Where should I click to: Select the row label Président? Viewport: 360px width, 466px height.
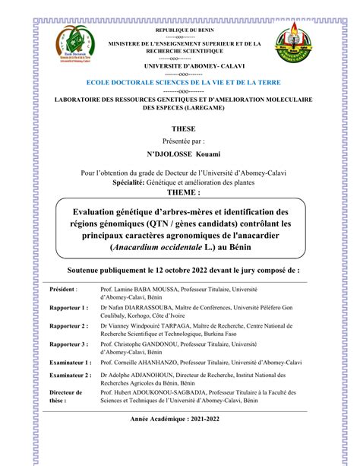[63, 290]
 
